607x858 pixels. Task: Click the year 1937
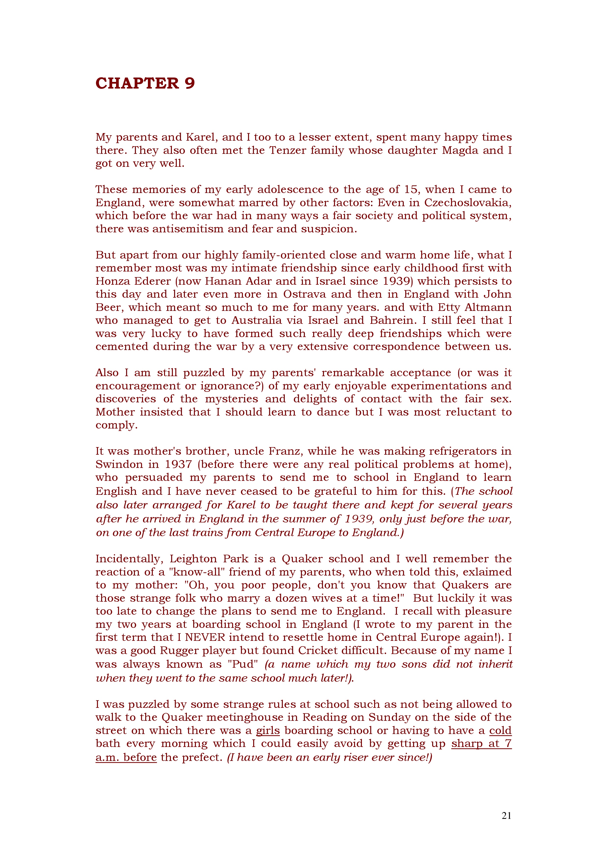[177, 464]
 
